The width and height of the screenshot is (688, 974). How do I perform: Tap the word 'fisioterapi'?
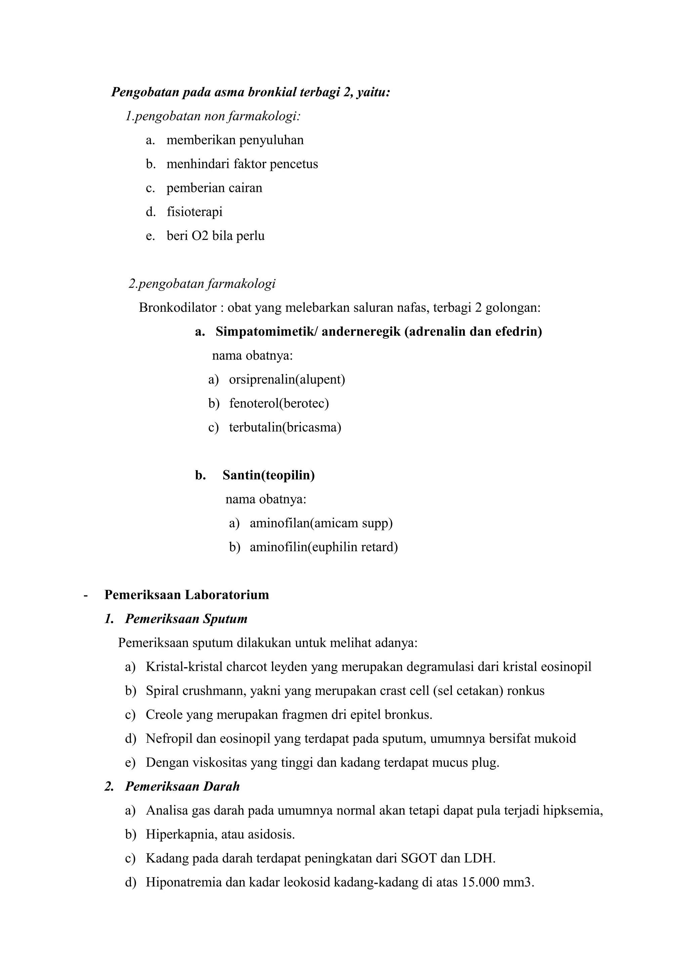coord(194,212)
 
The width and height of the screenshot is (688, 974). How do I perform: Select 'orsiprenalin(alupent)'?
coord(287,379)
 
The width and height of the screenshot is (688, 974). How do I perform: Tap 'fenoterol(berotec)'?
coord(279,403)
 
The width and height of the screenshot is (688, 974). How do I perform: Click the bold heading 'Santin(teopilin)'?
coord(269,475)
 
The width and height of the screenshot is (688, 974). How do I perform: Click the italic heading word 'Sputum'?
coord(225,619)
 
